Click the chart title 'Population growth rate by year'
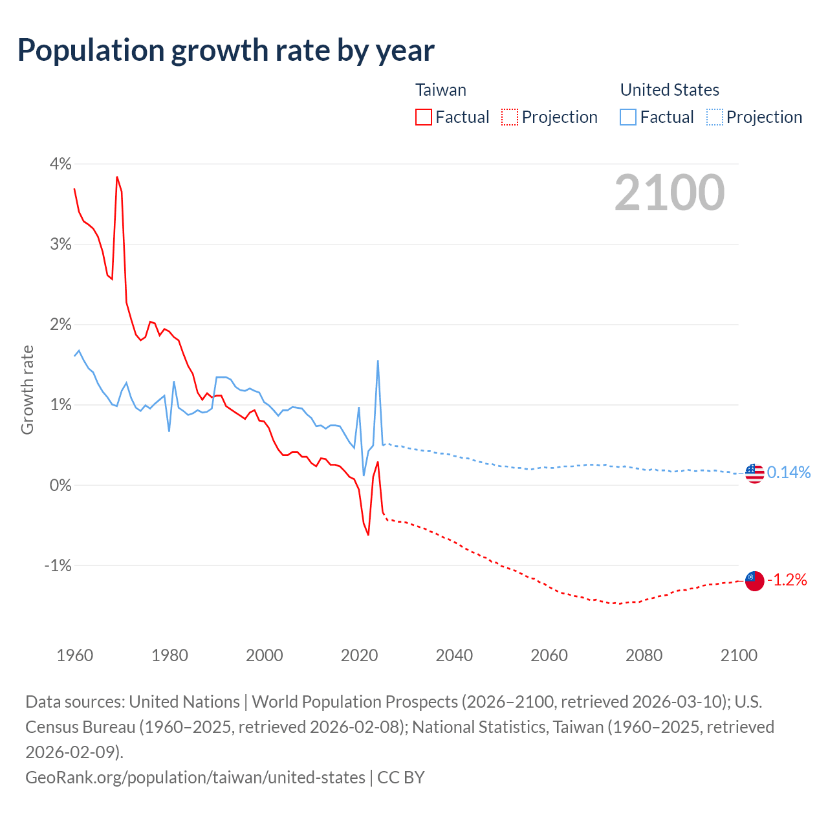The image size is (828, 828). (x=226, y=50)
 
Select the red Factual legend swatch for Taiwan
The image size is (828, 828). (x=424, y=117)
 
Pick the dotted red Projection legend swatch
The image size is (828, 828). (x=510, y=117)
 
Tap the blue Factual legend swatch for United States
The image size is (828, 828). (x=628, y=117)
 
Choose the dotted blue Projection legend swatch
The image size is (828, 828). (x=715, y=117)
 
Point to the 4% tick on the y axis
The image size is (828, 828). (x=61, y=164)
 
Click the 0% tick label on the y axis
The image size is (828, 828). (x=61, y=485)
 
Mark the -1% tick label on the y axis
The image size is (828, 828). (x=58, y=565)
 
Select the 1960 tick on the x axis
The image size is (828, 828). (x=75, y=655)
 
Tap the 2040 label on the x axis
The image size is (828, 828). (x=454, y=655)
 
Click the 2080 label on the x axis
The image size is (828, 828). (x=644, y=655)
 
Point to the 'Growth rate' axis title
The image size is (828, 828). (x=27, y=390)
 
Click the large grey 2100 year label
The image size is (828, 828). (x=670, y=193)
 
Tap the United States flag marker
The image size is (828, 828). (x=754, y=474)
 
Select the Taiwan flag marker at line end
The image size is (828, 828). (x=754, y=580)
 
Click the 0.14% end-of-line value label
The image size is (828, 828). (x=789, y=473)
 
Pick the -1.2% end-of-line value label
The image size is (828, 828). (x=787, y=580)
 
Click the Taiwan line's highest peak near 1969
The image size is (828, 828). (x=117, y=177)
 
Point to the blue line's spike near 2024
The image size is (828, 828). (x=378, y=361)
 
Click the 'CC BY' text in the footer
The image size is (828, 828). (x=401, y=777)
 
